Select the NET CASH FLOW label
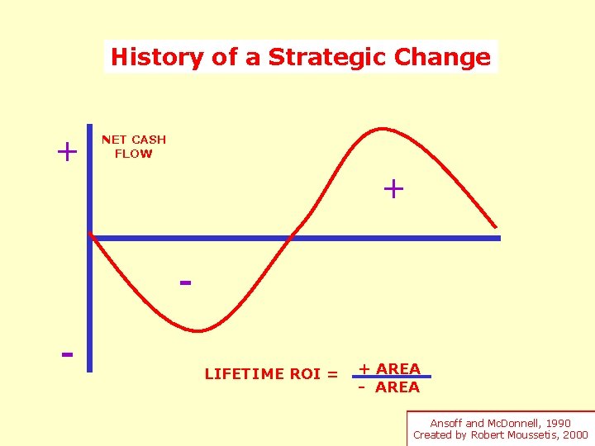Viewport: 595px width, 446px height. [133, 146]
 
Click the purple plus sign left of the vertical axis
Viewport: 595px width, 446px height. [66, 152]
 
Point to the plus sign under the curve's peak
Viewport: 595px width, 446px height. [393, 189]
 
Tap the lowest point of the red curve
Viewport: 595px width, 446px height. [198, 331]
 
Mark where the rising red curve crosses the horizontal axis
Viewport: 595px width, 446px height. [288, 238]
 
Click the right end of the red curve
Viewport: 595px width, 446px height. [497, 226]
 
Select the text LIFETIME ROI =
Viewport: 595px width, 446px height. [271, 374]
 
